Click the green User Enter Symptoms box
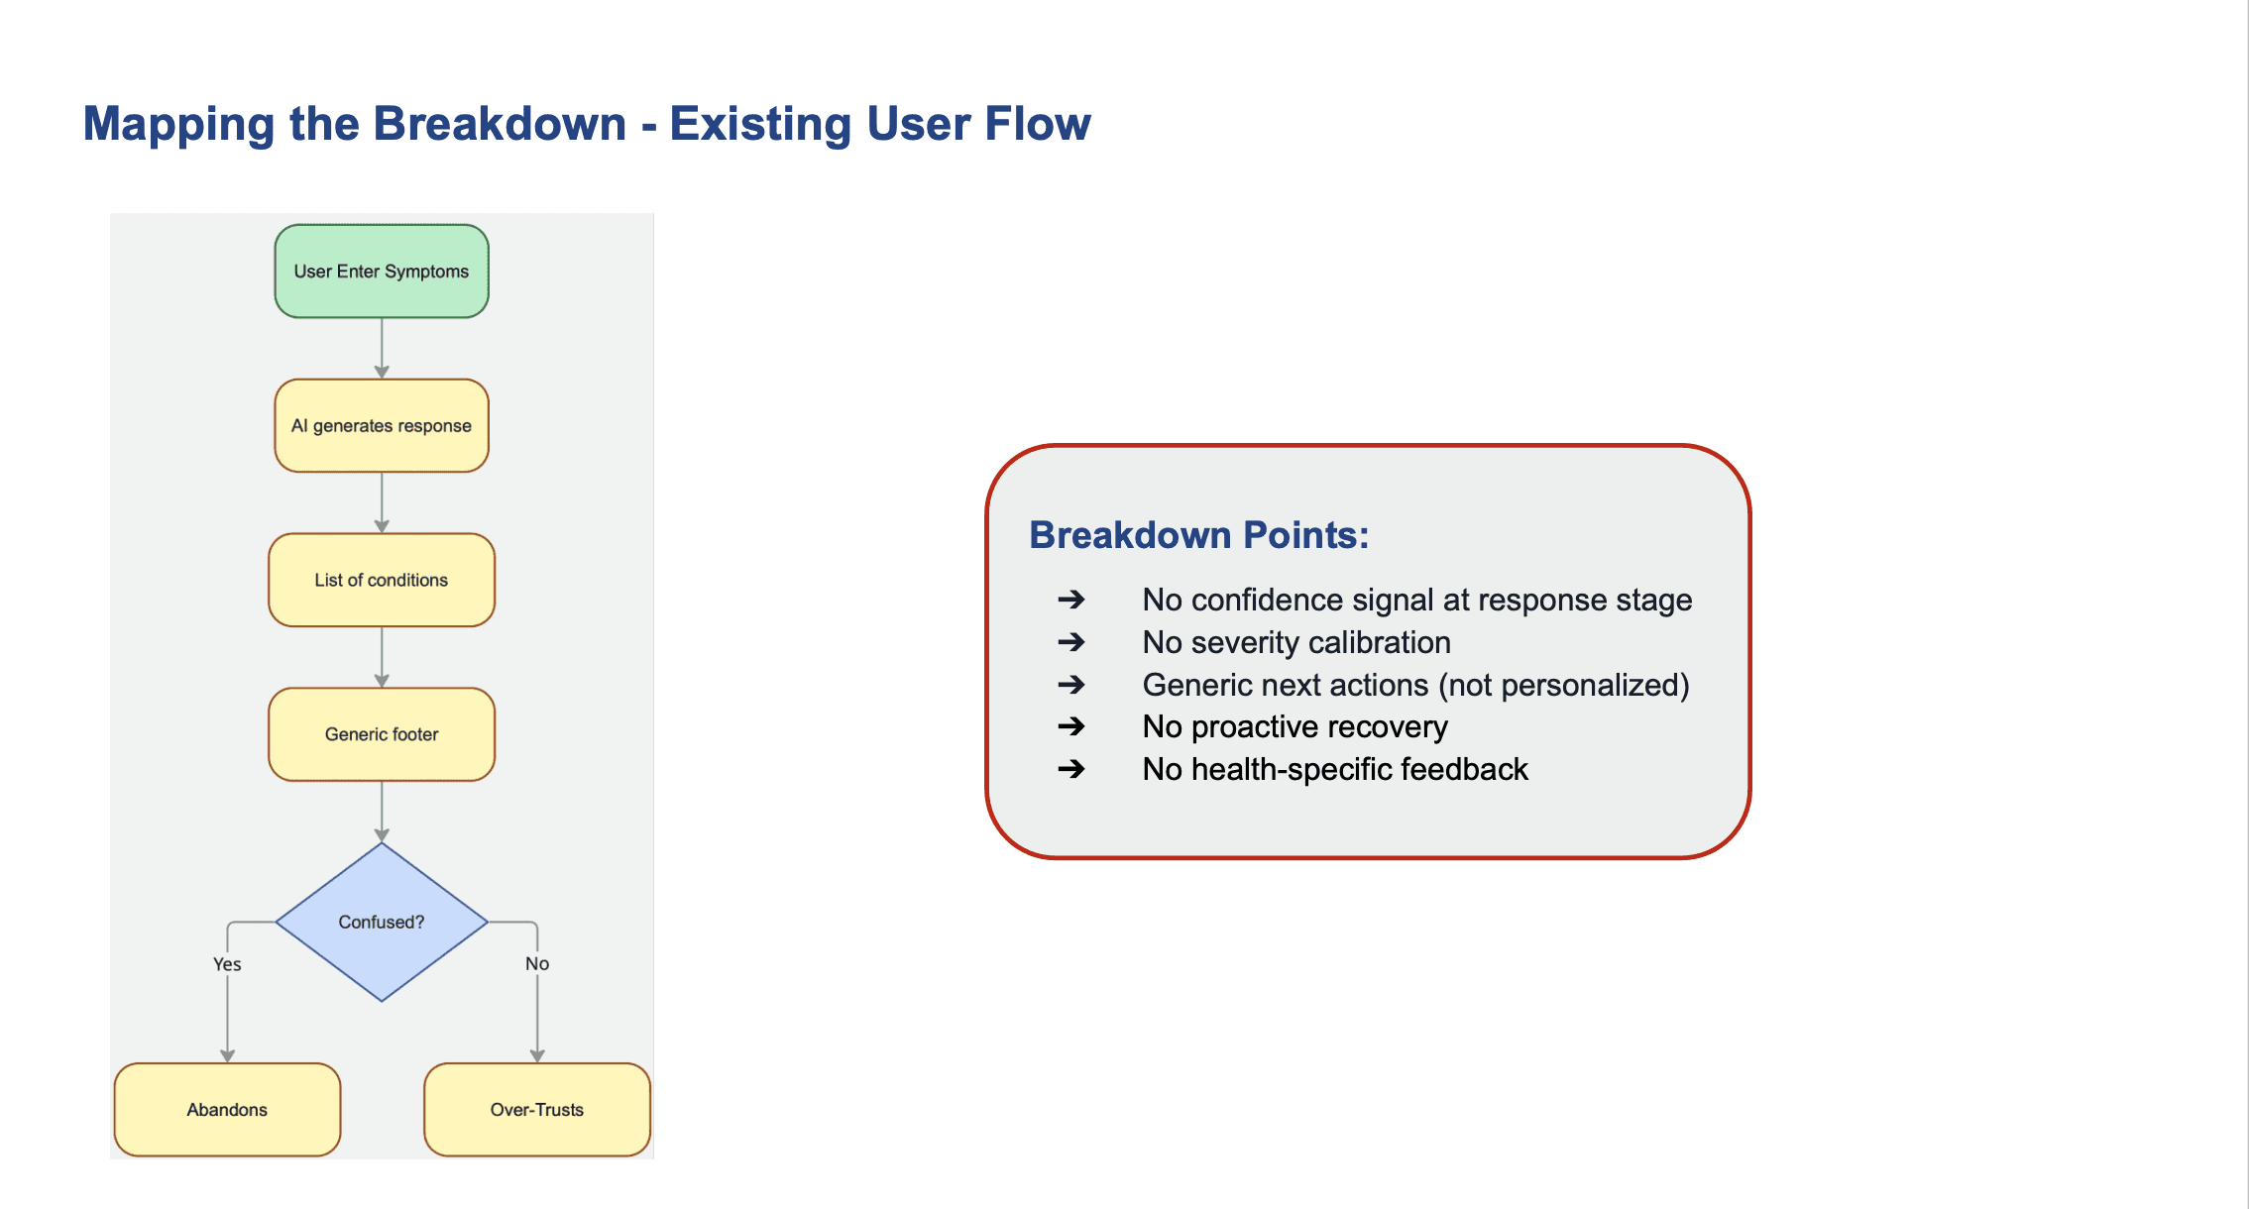point(382,272)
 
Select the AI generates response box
point(382,426)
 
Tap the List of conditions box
point(382,581)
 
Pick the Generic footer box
point(382,734)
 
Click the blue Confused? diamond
point(382,922)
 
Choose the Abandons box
point(227,1110)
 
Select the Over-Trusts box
point(537,1110)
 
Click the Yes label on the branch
point(227,964)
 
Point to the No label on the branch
point(537,964)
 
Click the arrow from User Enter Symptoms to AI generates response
point(382,349)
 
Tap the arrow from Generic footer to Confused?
point(382,812)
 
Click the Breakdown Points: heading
point(1199,535)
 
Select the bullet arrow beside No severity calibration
point(1071,642)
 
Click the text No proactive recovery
point(1294,726)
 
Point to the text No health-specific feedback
point(1335,769)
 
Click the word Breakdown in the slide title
point(500,124)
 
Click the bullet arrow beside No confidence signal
point(1071,600)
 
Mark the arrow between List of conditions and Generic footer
point(382,657)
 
